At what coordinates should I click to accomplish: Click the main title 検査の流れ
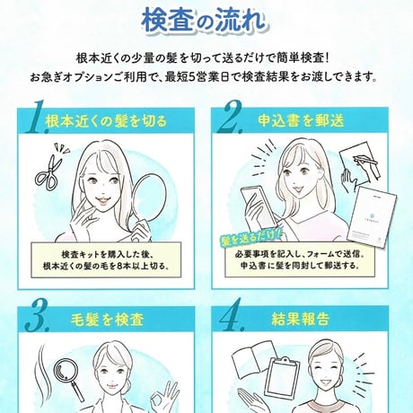pos(206,19)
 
